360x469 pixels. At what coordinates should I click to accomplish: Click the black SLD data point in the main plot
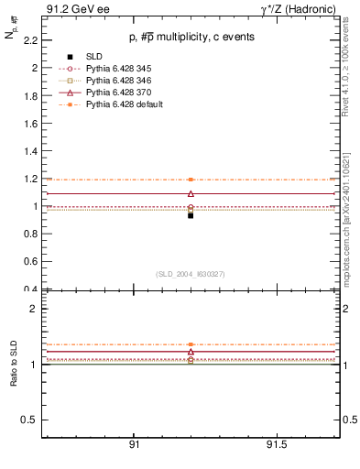click(x=191, y=215)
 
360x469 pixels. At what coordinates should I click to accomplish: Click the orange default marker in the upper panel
click(x=191, y=180)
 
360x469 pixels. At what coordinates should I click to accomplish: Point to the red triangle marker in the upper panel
click(x=191, y=193)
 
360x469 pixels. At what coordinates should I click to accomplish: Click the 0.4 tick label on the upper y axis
click(x=31, y=289)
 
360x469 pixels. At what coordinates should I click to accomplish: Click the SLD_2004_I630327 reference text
click(x=190, y=274)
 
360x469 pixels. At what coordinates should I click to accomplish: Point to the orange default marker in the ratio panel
click(x=191, y=344)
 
